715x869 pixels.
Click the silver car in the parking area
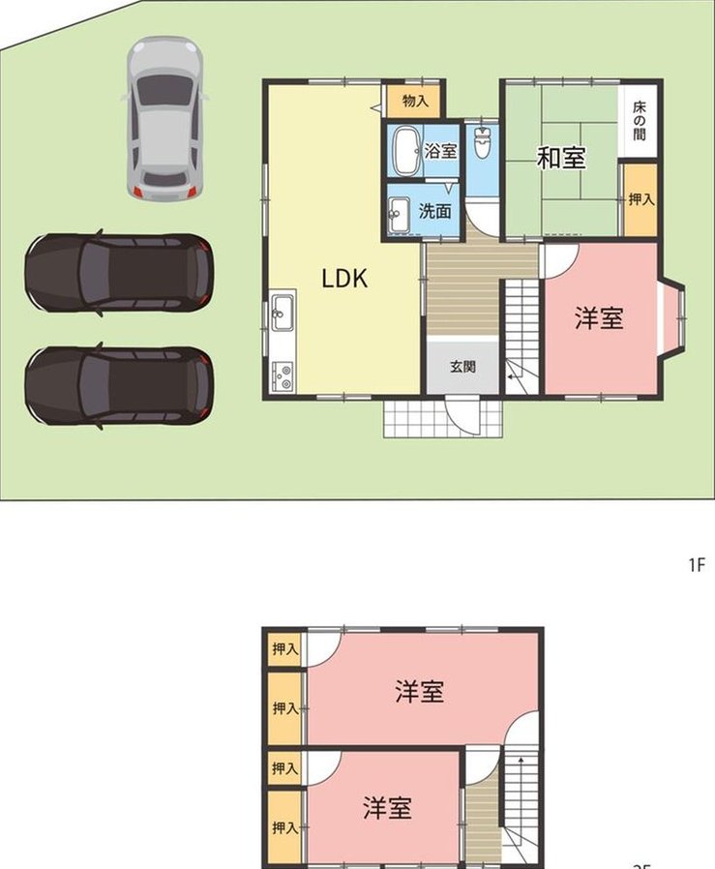(x=164, y=119)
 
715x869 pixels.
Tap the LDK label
(x=344, y=278)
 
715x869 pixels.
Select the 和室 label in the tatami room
(x=561, y=158)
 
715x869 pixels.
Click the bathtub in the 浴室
(x=407, y=150)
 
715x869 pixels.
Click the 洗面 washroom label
(x=434, y=211)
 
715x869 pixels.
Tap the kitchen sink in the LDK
(x=283, y=313)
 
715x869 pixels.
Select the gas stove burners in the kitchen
(x=283, y=376)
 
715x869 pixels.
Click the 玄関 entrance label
(x=462, y=367)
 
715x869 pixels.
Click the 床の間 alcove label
(x=640, y=120)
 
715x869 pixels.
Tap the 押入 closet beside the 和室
(x=641, y=199)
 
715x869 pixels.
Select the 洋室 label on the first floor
(x=599, y=318)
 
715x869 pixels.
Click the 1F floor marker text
(x=697, y=565)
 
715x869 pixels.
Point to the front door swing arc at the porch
(x=464, y=414)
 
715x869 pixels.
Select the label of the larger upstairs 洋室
(x=420, y=691)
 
